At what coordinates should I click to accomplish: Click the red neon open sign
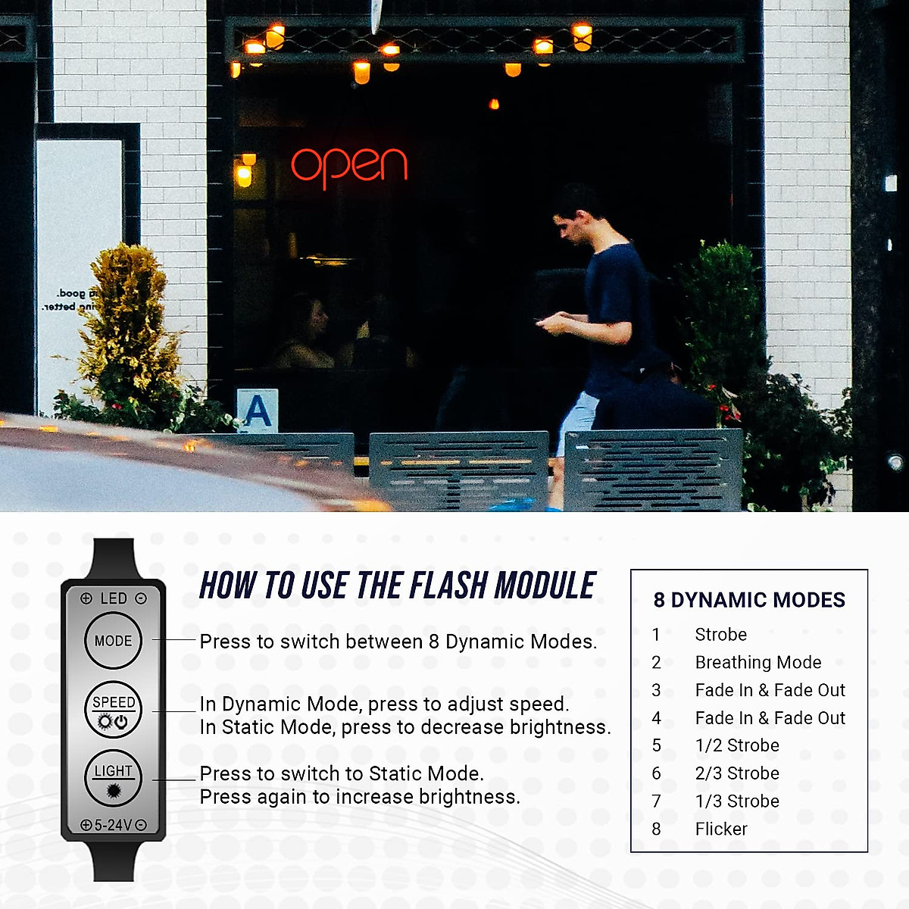click(349, 165)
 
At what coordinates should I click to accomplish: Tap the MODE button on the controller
click(113, 641)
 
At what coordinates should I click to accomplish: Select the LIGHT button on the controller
click(113, 778)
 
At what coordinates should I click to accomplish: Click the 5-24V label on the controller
click(114, 825)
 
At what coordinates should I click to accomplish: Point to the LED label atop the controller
click(114, 598)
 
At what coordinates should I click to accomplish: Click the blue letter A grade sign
click(258, 411)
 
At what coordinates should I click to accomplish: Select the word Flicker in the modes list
click(721, 829)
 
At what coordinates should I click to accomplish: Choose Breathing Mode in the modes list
click(758, 663)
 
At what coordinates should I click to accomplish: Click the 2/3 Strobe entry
click(737, 773)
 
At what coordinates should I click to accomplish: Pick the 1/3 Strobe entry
click(737, 801)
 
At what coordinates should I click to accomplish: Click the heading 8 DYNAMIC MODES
click(749, 600)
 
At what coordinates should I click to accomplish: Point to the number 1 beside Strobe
click(656, 635)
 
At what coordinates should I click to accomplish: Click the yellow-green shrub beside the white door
click(129, 326)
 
